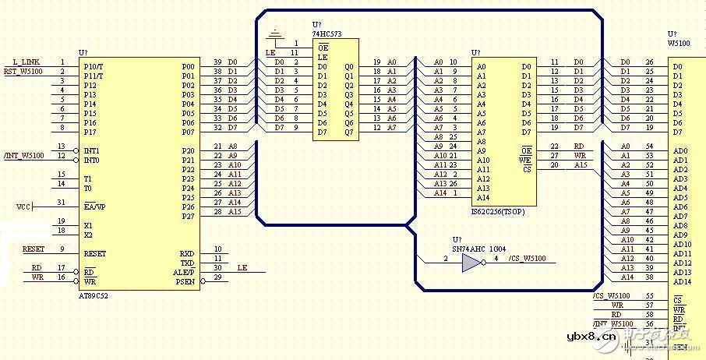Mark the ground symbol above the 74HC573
(x=274, y=35)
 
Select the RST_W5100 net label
(x=23, y=72)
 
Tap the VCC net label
(x=24, y=206)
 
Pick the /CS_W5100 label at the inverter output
(x=526, y=259)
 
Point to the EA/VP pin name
(x=94, y=206)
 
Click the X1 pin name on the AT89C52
(x=88, y=225)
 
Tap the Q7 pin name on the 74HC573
(x=348, y=132)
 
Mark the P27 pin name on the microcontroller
(x=188, y=216)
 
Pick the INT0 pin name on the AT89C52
(x=93, y=160)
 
